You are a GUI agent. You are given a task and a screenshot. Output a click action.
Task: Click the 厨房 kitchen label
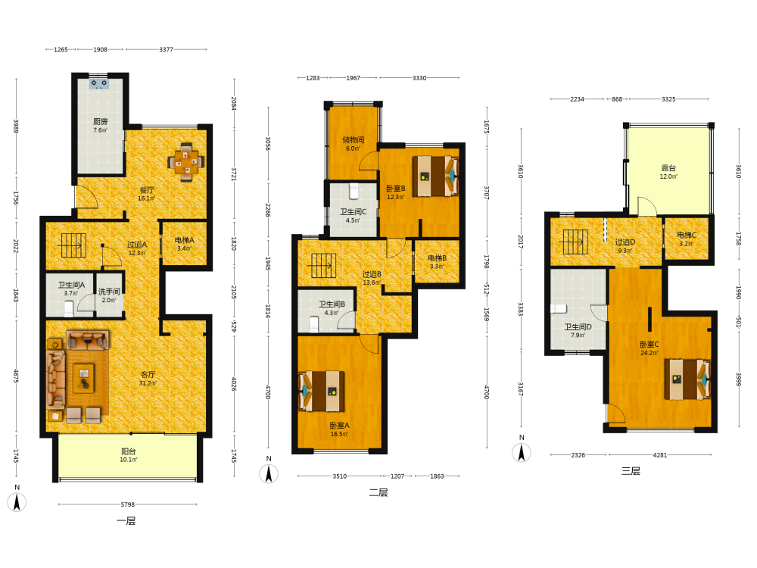[101, 122]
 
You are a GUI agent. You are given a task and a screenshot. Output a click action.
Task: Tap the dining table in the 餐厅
[186, 162]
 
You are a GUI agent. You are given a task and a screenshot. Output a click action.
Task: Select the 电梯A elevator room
[184, 243]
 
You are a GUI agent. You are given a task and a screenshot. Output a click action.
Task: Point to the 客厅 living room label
[148, 374]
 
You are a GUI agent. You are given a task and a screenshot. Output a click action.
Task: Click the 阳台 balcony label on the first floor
[129, 451]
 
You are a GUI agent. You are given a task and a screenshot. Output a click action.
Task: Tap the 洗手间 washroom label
[109, 292]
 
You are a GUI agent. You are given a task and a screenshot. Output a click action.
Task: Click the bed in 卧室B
[435, 176]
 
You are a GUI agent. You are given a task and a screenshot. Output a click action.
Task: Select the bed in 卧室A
[322, 391]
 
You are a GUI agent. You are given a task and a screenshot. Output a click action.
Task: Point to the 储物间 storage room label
[354, 139]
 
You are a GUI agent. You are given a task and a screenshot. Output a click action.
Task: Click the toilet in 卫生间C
[354, 192]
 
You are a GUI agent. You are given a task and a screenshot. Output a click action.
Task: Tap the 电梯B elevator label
[437, 258]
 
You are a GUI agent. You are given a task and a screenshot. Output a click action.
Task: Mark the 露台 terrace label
[668, 168]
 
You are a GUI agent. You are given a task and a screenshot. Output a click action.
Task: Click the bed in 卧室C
[687, 379]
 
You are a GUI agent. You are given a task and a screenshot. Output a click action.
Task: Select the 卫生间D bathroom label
[578, 327]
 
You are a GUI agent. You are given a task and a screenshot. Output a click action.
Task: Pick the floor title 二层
[378, 493]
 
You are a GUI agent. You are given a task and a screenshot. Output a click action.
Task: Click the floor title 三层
[631, 471]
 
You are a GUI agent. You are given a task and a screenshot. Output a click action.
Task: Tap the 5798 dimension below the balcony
[127, 504]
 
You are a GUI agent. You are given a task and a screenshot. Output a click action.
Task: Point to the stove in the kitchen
[99, 85]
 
